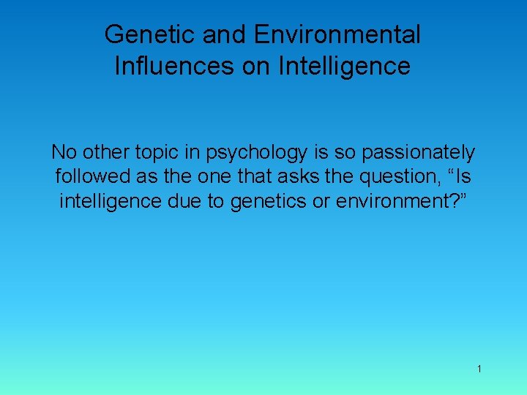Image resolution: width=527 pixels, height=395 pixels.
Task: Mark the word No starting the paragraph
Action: pyautogui.click(x=62, y=153)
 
